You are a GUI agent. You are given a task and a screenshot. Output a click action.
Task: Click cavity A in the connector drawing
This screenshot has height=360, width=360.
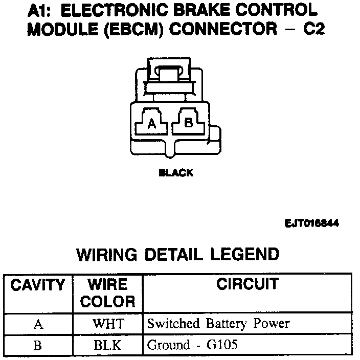tap(151, 123)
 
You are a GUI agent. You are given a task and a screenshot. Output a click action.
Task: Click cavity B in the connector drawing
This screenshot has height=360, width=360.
tap(188, 123)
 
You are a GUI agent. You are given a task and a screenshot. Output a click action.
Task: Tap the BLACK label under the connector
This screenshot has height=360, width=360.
tap(176, 173)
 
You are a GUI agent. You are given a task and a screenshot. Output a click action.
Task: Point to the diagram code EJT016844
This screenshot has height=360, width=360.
tap(312, 223)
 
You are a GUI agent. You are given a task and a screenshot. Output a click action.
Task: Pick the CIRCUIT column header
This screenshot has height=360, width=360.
tap(247, 284)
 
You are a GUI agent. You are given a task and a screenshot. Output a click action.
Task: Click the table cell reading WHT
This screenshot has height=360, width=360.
tap(108, 324)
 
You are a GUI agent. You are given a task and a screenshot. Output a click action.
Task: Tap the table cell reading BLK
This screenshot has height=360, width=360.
tap(108, 345)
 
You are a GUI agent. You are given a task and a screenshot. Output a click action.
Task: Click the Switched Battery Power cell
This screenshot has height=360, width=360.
tap(218, 324)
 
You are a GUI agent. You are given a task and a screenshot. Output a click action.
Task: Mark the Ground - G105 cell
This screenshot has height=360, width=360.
tap(192, 345)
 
